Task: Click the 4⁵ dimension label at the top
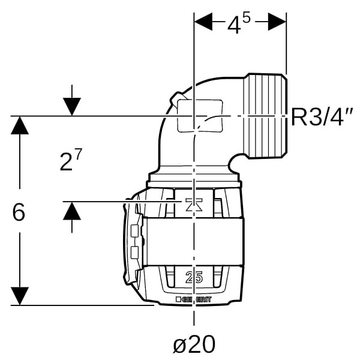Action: point(238,25)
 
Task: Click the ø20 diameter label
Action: point(193,344)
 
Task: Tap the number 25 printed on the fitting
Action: point(193,278)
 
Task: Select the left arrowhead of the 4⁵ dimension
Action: point(203,23)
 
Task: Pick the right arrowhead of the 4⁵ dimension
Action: point(277,23)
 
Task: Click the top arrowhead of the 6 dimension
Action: point(20,125)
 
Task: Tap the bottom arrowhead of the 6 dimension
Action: point(20,295)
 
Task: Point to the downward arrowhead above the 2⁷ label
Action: point(72,106)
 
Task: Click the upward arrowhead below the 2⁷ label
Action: point(72,212)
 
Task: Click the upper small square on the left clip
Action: point(134,230)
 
